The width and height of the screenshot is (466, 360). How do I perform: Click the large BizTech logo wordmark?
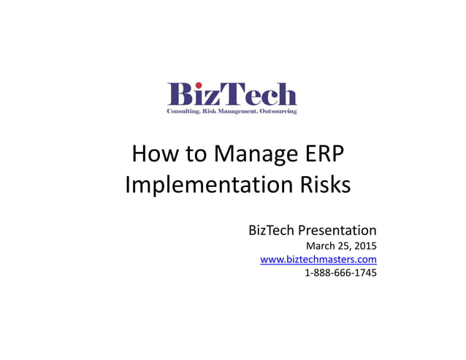232,95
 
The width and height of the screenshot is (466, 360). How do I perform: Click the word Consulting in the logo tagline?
182,111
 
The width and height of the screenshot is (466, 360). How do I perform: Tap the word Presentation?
337,231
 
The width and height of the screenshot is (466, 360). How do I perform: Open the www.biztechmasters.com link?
318,259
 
